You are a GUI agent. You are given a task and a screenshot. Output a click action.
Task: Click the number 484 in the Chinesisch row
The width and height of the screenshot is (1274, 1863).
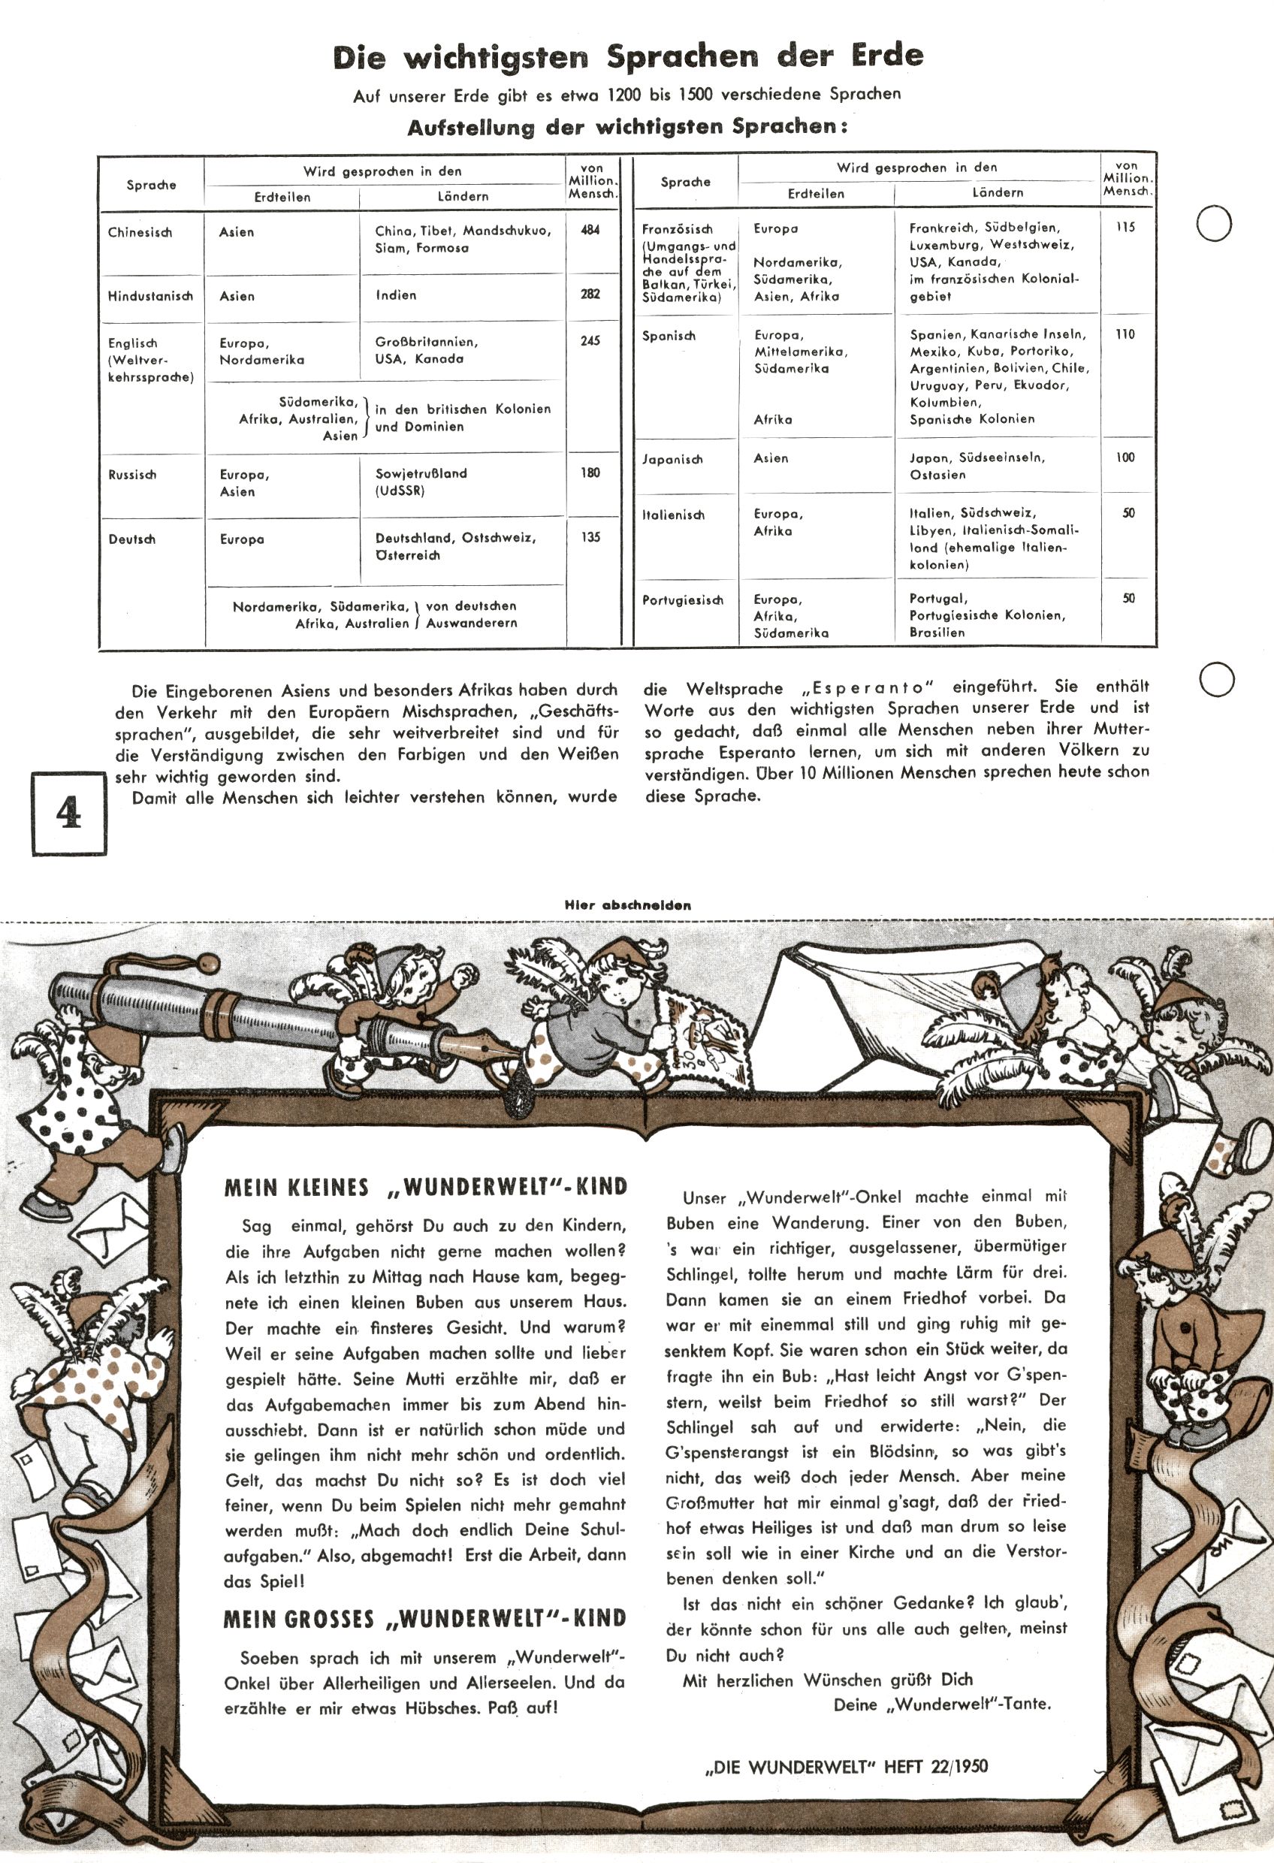pyautogui.click(x=590, y=230)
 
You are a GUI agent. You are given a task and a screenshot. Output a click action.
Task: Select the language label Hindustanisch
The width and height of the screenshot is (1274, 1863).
pyautogui.click(x=151, y=296)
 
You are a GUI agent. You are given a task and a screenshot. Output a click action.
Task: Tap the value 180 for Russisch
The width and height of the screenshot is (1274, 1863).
pyautogui.click(x=590, y=473)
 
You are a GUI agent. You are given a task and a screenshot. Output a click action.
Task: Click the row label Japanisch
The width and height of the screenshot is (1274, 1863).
pyautogui.click(x=672, y=459)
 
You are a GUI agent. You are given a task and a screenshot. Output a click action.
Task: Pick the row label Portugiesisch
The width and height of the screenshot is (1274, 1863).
pyautogui.click(x=682, y=599)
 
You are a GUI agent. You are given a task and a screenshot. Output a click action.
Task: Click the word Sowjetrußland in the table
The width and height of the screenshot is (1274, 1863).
pyautogui.click(x=421, y=474)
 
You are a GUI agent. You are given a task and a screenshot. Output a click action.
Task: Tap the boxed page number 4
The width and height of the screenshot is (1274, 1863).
pyautogui.click(x=69, y=813)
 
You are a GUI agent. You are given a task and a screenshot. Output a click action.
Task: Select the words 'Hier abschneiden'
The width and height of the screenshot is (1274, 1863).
pyautogui.click(x=628, y=905)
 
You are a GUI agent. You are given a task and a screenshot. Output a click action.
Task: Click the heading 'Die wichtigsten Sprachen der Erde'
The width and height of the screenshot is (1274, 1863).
pyautogui.click(x=628, y=57)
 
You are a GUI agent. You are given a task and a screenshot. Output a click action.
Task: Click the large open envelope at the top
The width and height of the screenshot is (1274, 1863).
pyautogui.click(x=866, y=994)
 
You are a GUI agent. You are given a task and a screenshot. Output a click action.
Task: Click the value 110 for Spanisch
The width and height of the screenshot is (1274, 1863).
pyautogui.click(x=1125, y=334)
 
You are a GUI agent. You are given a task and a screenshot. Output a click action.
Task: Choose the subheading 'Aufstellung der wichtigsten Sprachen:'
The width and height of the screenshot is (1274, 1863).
pyautogui.click(x=627, y=128)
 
